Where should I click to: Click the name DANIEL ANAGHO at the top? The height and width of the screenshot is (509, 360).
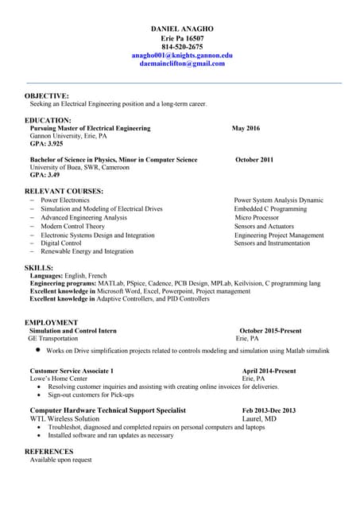pyautogui.click(x=182, y=29)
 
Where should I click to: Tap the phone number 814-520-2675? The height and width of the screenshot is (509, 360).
pyautogui.click(x=182, y=47)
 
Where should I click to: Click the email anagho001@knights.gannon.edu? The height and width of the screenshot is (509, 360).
pyautogui.click(x=182, y=56)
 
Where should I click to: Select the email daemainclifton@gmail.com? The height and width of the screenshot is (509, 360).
pyautogui.click(x=182, y=64)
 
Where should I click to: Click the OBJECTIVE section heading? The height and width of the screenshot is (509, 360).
pyautogui.click(x=47, y=95)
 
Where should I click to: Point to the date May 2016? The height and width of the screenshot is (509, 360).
pyautogui.click(x=246, y=128)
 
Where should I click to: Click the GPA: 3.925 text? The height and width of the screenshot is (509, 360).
pyautogui.click(x=46, y=144)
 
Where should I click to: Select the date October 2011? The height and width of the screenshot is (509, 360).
pyautogui.click(x=254, y=160)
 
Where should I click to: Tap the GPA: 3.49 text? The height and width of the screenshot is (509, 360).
pyautogui.click(x=45, y=175)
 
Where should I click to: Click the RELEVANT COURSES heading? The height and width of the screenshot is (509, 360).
pyautogui.click(x=64, y=192)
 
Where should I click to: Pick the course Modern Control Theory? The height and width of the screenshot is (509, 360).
pyautogui.click(x=72, y=227)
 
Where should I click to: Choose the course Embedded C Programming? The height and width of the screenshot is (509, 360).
pyautogui.click(x=270, y=209)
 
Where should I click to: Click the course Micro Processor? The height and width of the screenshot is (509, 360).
pyautogui.click(x=257, y=218)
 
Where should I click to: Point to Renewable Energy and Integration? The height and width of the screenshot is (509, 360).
pyautogui.click(x=87, y=252)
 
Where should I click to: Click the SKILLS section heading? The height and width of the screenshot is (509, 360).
pyautogui.click(x=39, y=268)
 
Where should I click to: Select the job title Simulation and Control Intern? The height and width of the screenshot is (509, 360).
pyautogui.click(x=73, y=330)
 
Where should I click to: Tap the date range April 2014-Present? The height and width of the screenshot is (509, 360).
pyautogui.click(x=269, y=371)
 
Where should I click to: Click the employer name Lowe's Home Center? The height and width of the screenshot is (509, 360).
pyautogui.click(x=59, y=379)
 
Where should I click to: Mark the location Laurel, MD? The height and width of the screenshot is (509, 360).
pyautogui.click(x=259, y=419)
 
